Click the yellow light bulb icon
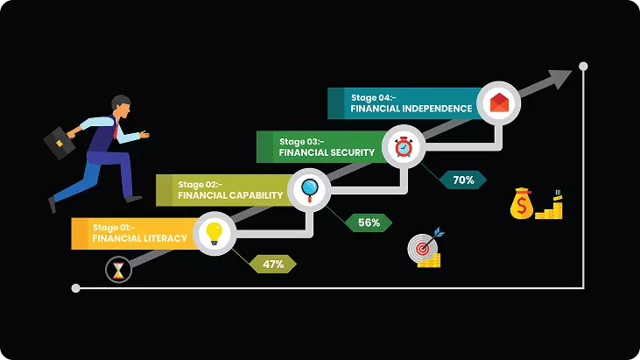point(214,234)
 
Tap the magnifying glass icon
point(309,190)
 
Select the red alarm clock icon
point(404,146)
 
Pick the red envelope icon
point(499,102)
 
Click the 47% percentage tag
point(272,264)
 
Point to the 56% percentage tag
point(369,222)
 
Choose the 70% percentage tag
point(463,180)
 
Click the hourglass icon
point(118,270)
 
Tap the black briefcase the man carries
point(60,143)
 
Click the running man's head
point(121,107)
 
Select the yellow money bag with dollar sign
point(522,203)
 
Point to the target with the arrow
point(425,248)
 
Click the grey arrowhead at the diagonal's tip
point(560,79)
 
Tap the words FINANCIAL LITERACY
point(139,238)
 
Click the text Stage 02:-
point(200,185)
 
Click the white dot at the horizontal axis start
point(75,288)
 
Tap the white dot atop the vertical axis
point(583,66)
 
